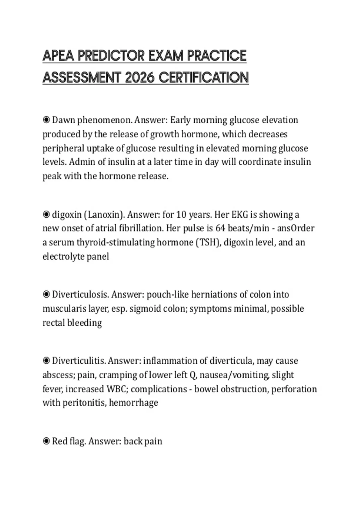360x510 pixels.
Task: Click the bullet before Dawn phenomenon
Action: [x=46, y=120]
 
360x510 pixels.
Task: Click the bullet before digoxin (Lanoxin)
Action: [x=46, y=215]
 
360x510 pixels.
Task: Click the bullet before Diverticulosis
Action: [x=46, y=295]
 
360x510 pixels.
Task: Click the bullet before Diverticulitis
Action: [x=46, y=361]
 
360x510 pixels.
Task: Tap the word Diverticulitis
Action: [x=79, y=361]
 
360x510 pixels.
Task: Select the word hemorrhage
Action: [x=133, y=403]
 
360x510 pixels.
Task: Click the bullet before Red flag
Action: [x=46, y=441]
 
